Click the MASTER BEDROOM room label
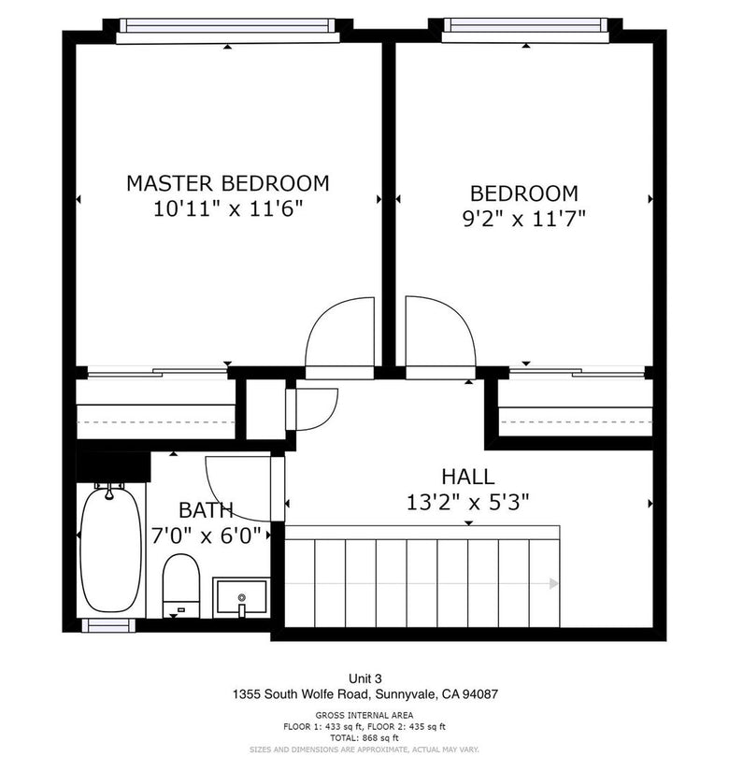228,183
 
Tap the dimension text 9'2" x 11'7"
524,219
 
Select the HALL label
468,477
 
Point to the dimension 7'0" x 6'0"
206,535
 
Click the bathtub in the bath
110,549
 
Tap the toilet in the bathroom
181,585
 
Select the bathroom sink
241,597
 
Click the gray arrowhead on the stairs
554,584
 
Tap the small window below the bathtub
108,625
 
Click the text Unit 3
365,678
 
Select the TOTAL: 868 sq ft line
364,738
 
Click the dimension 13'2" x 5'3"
468,503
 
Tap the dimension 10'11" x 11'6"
228,209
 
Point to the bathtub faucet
109,492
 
